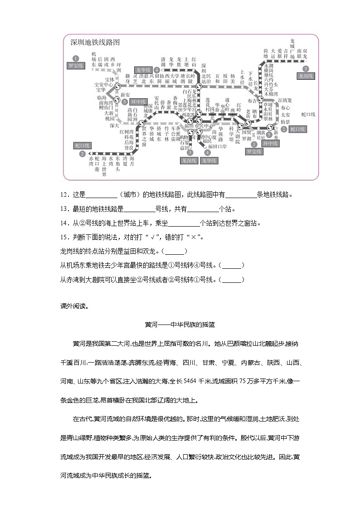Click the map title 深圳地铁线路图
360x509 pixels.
95,43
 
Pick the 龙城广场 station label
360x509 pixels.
292,51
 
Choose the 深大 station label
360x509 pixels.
114,125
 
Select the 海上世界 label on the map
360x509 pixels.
104,166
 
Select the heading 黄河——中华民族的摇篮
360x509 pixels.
180,325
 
